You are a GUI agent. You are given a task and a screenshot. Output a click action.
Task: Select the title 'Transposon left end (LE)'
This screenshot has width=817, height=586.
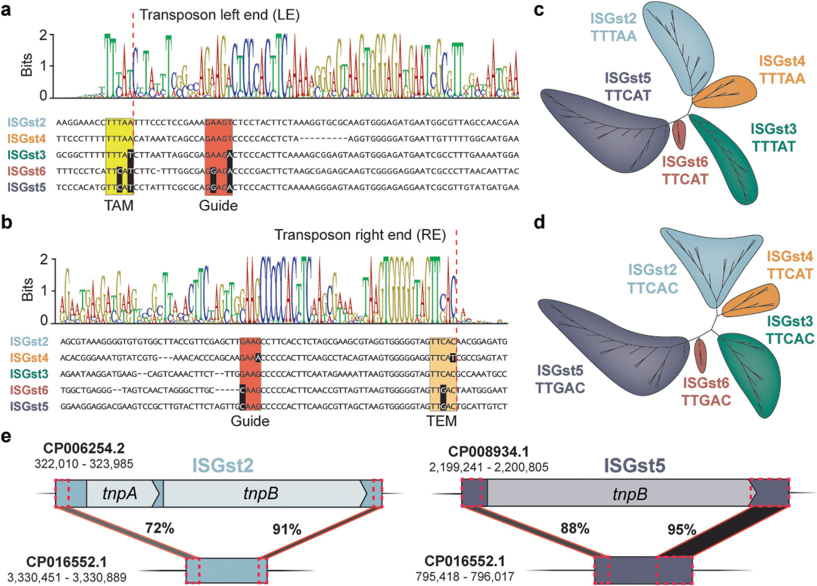click(219, 15)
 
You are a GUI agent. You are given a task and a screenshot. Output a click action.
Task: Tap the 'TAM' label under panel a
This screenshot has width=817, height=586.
click(119, 206)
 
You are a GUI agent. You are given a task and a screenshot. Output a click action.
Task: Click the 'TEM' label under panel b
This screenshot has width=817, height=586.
click(441, 421)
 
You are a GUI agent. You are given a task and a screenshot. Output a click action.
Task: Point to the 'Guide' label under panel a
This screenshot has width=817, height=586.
click(218, 206)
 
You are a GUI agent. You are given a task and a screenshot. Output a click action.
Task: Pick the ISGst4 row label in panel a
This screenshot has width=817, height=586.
click(26, 139)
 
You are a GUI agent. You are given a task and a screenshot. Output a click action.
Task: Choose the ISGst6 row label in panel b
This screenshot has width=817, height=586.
click(29, 390)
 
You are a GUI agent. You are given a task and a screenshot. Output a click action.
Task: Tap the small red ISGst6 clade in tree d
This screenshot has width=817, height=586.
click(700, 356)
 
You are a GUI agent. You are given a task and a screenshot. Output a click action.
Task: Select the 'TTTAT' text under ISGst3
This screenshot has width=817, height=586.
click(774, 146)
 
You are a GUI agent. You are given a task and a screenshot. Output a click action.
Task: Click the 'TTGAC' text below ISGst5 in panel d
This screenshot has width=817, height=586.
click(560, 388)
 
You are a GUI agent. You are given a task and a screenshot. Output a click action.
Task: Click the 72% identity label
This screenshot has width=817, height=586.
click(159, 529)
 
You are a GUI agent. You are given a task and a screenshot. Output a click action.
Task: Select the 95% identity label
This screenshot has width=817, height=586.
click(682, 530)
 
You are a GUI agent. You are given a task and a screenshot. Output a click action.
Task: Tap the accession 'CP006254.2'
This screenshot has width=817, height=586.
click(84, 449)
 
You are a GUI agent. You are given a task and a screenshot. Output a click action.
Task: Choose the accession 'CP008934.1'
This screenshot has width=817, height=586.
click(488, 452)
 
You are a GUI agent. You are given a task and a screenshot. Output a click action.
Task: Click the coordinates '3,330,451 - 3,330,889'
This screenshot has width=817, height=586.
click(67, 577)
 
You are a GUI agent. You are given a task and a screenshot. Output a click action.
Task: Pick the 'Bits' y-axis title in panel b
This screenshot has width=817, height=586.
click(27, 290)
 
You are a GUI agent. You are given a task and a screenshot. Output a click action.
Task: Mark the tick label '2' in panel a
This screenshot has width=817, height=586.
click(43, 35)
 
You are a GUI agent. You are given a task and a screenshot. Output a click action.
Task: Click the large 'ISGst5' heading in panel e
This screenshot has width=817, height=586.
click(634, 466)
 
